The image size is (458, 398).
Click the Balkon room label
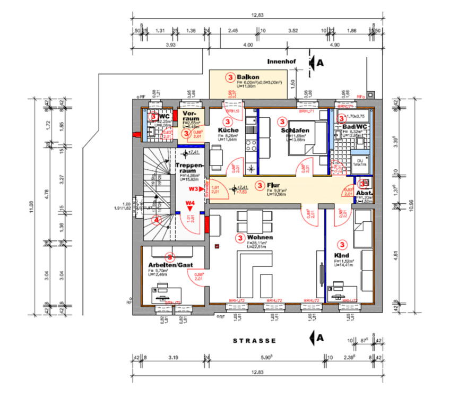(248, 78)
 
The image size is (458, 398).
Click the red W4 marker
(190, 203)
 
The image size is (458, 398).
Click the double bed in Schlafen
(307, 138)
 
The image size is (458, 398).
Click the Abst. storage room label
(363, 193)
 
